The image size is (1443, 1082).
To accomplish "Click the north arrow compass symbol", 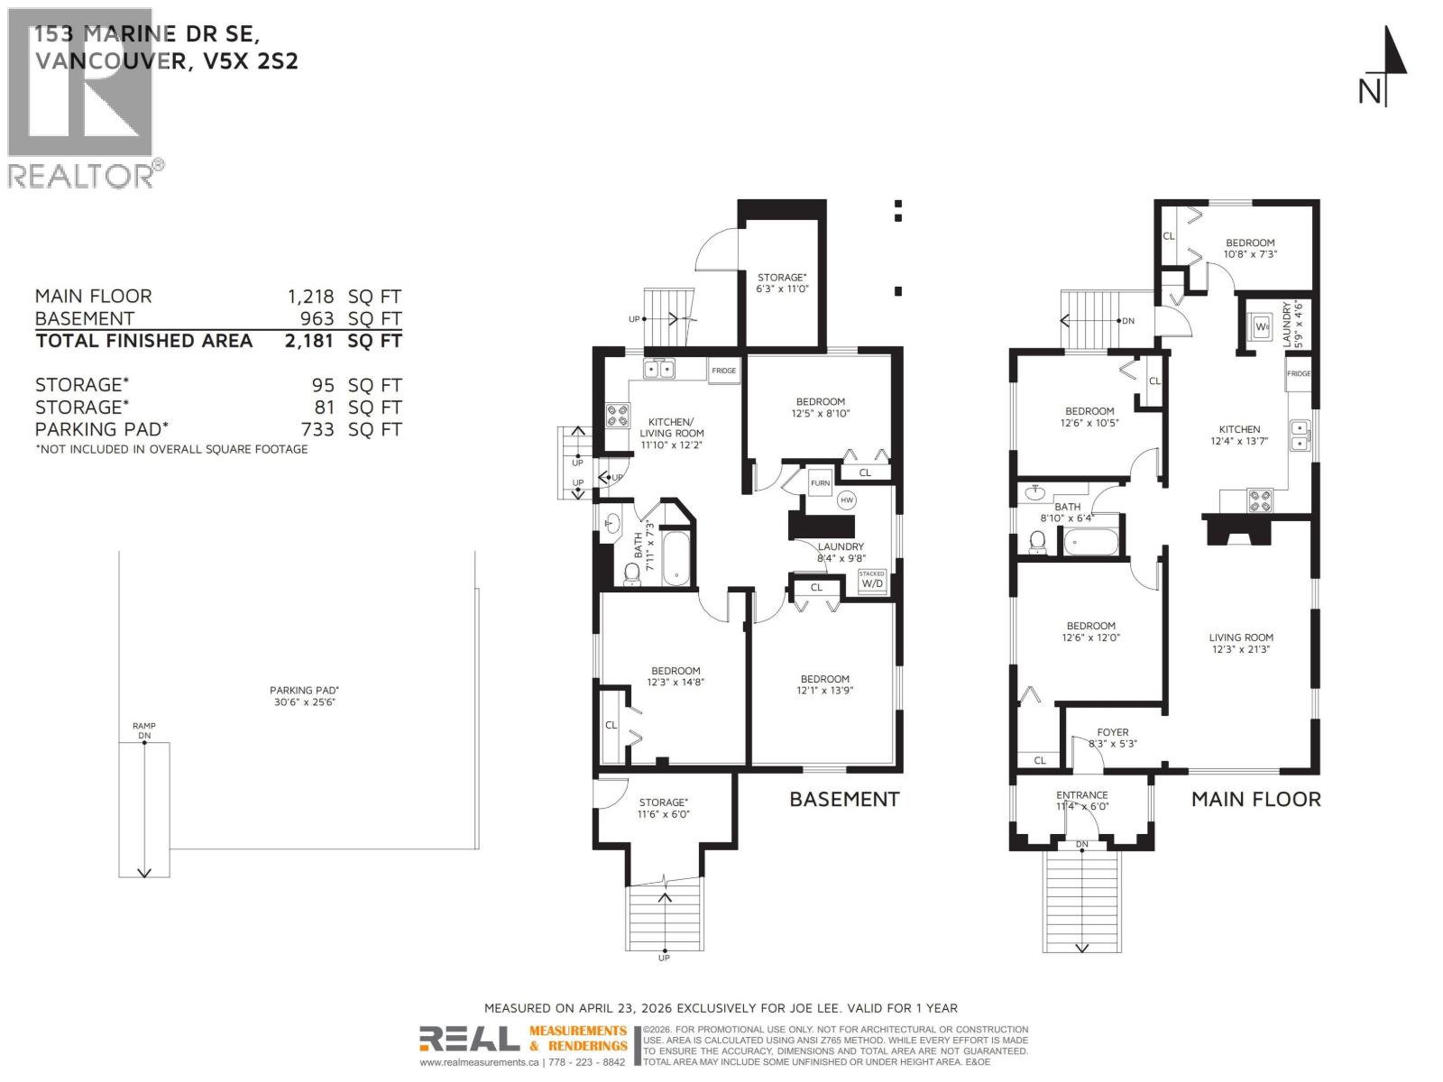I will tap(1386, 68).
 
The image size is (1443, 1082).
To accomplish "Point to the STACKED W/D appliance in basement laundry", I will tap(872, 580).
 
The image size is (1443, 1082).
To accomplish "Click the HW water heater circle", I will tap(846, 500).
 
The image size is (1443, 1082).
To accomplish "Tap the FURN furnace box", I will tap(820, 483).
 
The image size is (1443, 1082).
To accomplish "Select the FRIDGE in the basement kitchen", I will tap(723, 371).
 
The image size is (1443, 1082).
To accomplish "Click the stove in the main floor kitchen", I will tap(1260, 500).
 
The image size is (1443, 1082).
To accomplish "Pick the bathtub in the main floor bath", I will tap(1091, 543).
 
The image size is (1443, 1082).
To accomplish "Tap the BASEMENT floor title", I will tap(844, 800).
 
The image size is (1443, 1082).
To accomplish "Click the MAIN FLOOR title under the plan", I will tap(1255, 800).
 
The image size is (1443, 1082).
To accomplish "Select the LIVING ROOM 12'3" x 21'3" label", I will tap(1241, 643).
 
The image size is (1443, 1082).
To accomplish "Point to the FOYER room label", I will tap(1113, 738).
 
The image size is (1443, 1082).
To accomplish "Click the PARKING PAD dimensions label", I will tap(305, 696).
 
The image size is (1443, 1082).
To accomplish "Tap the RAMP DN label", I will tap(144, 730).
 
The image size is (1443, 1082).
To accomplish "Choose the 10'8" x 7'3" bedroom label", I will tap(1250, 248).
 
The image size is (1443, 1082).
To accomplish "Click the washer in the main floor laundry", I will tap(1261, 326).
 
